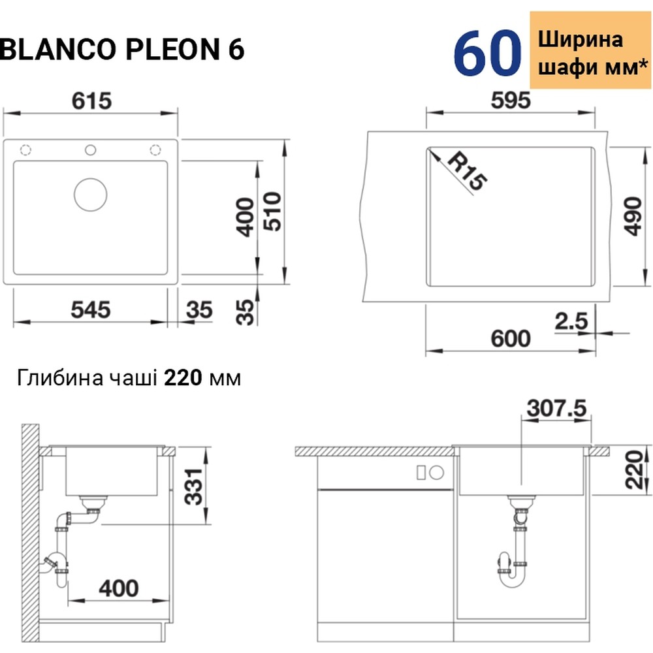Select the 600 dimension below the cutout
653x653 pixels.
tap(509, 339)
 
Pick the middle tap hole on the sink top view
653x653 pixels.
tap(91, 150)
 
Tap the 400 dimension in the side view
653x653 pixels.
tap(118, 588)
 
